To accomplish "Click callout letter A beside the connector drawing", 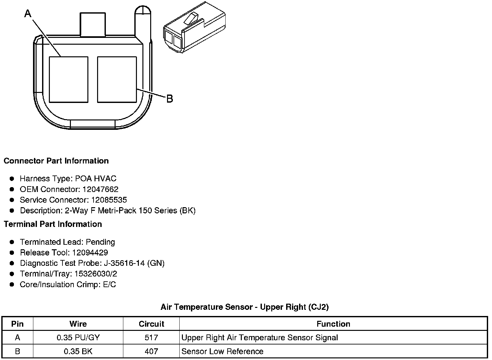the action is click(28, 13).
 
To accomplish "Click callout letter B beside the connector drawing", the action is click(170, 99).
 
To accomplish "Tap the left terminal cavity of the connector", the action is click(69, 80).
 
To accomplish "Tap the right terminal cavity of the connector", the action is click(117, 80).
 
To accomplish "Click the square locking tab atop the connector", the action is click(93, 24).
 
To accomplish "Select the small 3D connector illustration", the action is click(195, 27).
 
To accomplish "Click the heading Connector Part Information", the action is click(56, 161).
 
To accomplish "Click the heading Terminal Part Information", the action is click(53, 224).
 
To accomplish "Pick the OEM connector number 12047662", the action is click(100, 189).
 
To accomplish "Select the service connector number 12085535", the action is click(109, 200).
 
